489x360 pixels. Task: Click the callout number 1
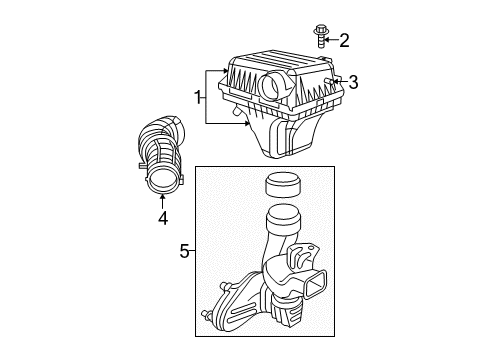click(x=198, y=97)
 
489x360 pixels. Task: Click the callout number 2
click(x=344, y=40)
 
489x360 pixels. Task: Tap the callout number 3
click(x=353, y=82)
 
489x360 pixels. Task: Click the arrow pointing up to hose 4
click(x=161, y=197)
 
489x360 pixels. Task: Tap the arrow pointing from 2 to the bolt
click(x=333, y=40)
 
